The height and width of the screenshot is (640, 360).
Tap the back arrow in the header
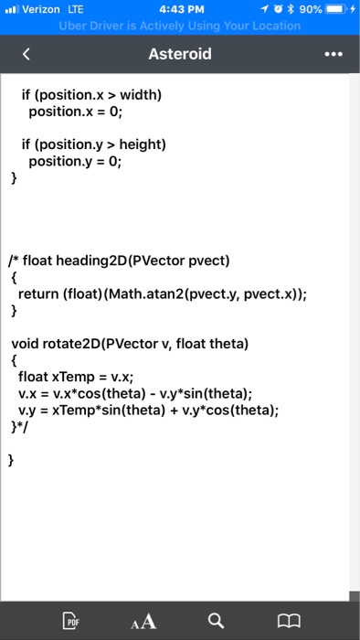point(26,54)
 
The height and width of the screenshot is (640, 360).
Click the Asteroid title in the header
point(179,54)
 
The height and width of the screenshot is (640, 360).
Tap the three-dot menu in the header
point(334,54)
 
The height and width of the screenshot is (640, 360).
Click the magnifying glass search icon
point(215,622)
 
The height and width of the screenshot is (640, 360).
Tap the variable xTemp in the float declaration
point(77,376)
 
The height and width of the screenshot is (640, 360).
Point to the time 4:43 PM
point(179,9)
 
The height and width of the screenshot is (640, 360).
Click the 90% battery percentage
point(310,9)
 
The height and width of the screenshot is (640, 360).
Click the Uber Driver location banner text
point(179,26)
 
